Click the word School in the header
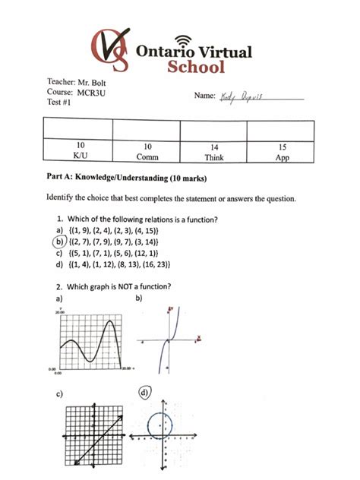pos(196,67)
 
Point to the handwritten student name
pos(240,96)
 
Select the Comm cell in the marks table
pos(147,152)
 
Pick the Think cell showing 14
pos(215,152)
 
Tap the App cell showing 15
pos(283,152)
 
